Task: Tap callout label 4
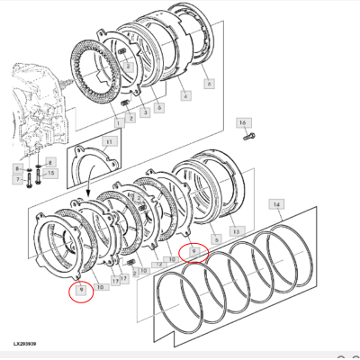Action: [x=184, y=95]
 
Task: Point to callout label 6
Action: [x=209, y=84]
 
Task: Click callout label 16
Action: [x=241, y=122]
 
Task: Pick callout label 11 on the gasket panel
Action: [x=109, y=141]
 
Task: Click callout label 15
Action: [x=50, y=172]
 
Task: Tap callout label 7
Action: [x=17, y=180]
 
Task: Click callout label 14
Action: [x=277, y=206]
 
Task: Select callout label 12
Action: [x=157, y=264]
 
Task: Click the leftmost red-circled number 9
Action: [x=82, y=290]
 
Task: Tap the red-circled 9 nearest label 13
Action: [x=193, y=253]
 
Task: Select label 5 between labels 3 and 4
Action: [x=159, y=107]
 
